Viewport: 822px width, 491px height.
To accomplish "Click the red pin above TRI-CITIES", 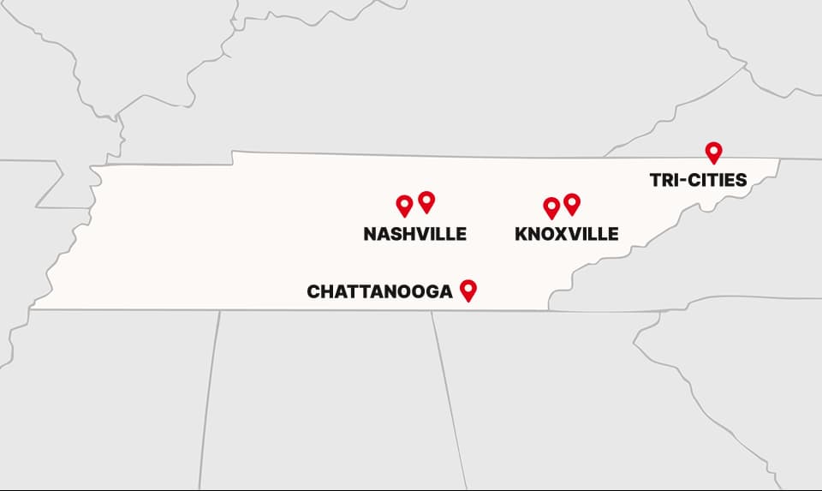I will click(713, 152).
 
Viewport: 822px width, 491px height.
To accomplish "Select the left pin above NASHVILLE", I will click(404, 205).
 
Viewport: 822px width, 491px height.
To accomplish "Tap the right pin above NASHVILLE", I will click(426, 201).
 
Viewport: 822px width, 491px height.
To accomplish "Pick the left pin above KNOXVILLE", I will click(551, 207).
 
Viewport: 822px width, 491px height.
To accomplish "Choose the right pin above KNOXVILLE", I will click(572, 203).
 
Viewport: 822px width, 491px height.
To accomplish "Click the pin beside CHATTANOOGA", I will click(468, 290).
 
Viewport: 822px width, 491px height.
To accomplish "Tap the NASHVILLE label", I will click(415, 234).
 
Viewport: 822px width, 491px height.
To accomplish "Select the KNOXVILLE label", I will click(567, 234).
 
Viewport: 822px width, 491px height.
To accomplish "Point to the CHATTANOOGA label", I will click(379, 292).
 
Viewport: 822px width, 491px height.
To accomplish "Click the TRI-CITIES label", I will click(698, 180).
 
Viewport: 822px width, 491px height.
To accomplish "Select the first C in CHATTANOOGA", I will click(313, 292).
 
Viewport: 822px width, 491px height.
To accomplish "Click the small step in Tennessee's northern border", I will click(233, 158).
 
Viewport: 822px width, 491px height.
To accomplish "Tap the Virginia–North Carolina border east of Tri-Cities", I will click(801, 159).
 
